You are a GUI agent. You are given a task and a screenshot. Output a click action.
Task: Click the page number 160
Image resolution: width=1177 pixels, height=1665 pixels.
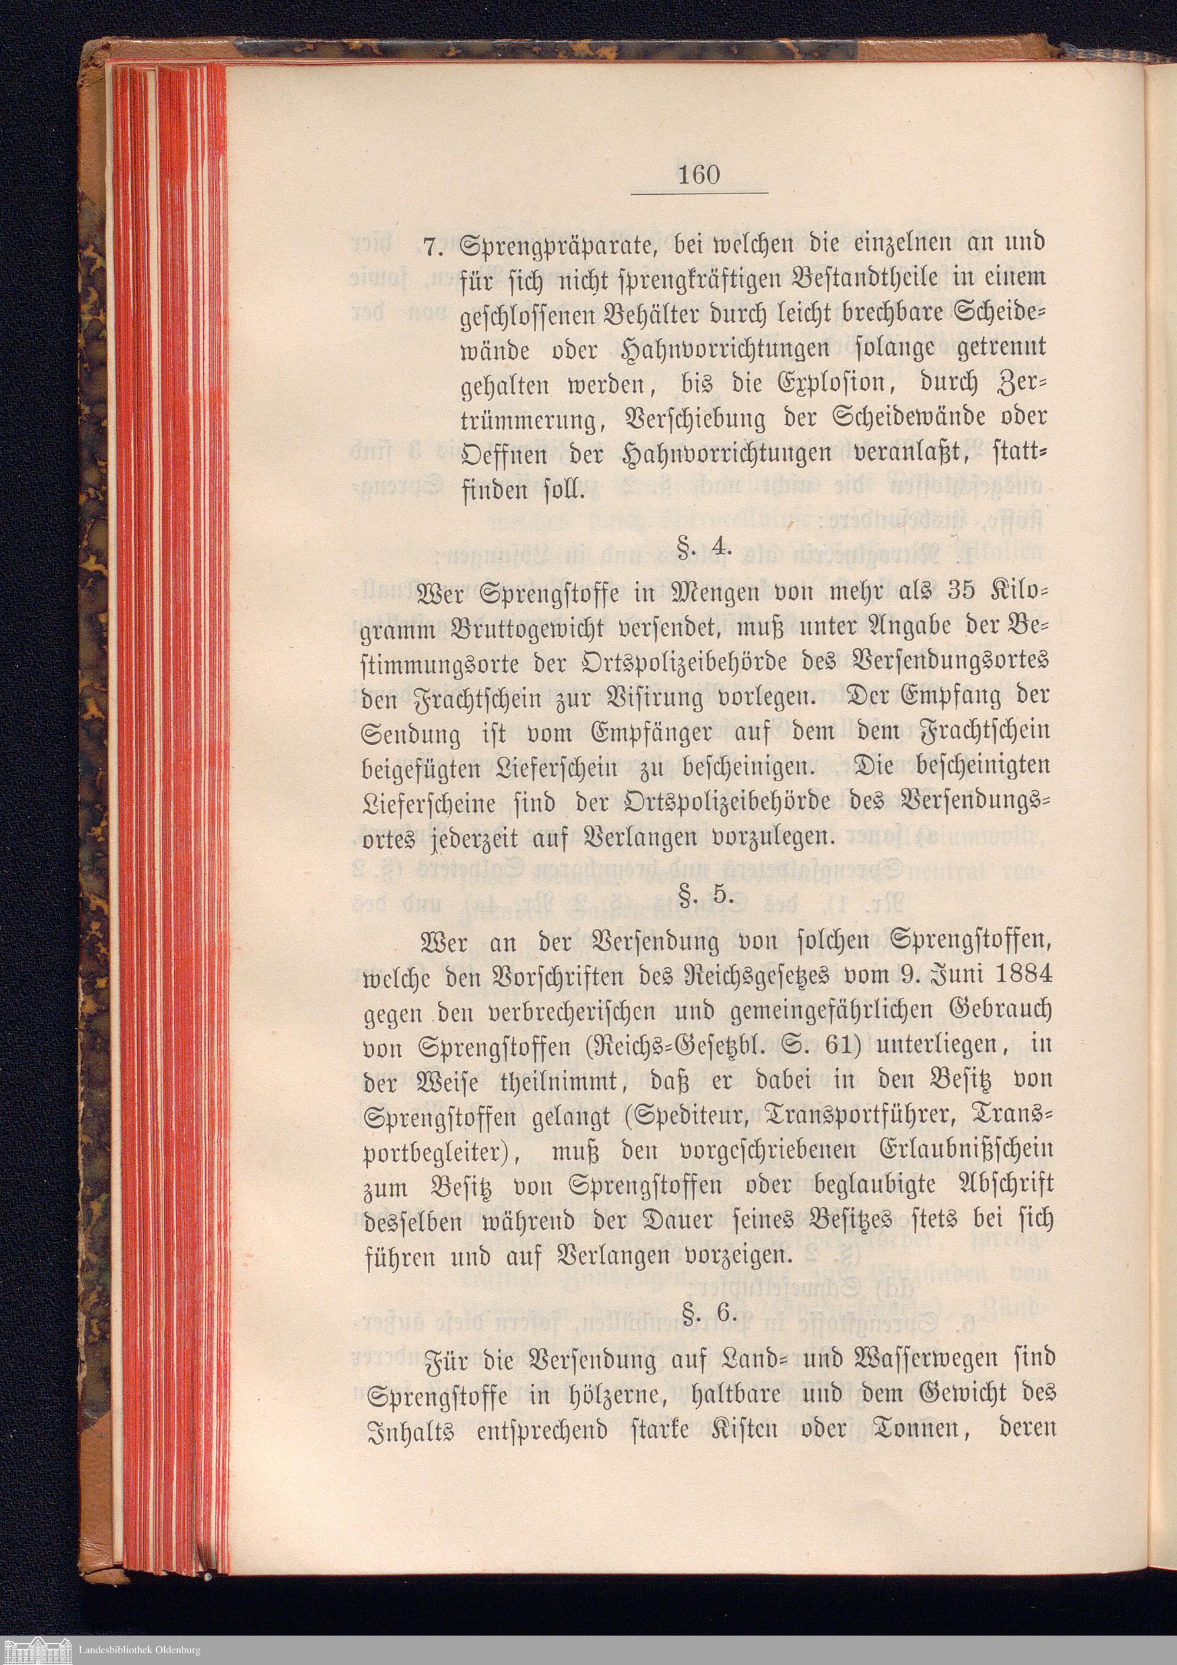pyautogui.click(x=699, y=175)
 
